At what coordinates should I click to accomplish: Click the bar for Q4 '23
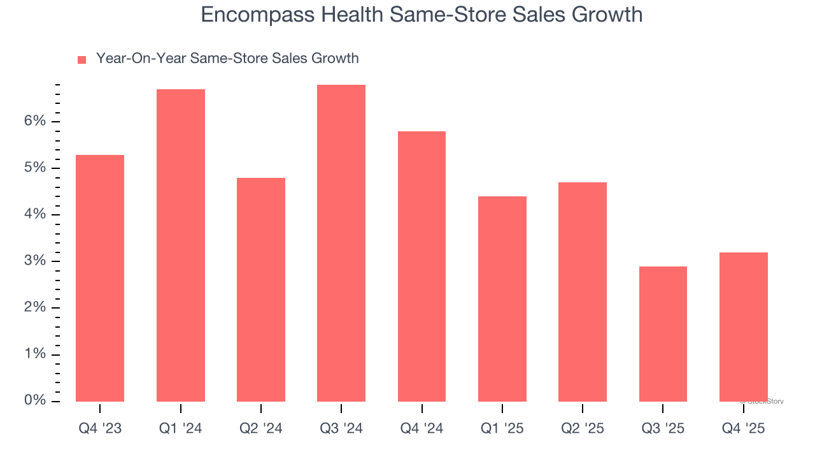(100, 278)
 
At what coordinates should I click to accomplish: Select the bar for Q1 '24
(181, 245)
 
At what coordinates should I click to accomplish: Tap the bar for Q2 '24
(261, 289)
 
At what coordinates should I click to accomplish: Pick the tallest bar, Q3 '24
(341, 243)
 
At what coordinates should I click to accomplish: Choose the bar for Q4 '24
(422, 266)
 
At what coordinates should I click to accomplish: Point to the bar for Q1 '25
(502, 299)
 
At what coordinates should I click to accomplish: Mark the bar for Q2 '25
(583, 292)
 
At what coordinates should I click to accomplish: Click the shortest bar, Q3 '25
(663, 334)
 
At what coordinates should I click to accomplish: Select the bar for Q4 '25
(744, 327)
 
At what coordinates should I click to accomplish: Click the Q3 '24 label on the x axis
(341, 428)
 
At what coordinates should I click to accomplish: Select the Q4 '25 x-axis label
(744, 428)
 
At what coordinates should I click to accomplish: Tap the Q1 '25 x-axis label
(502, 428)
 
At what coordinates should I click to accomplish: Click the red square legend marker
(81, 59)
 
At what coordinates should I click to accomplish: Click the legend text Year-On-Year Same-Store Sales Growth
(227, 59)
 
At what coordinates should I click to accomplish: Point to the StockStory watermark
(762, 402)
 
